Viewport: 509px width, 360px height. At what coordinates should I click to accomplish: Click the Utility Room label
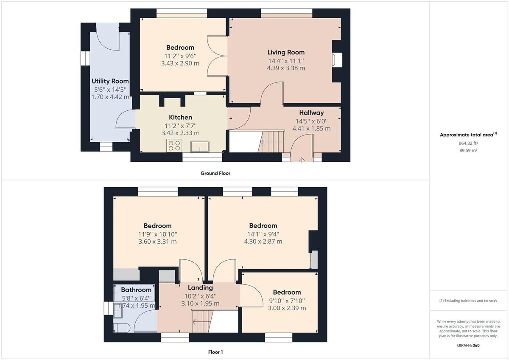tap(110, 81)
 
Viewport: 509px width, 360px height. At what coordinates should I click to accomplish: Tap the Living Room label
tap(286, 52)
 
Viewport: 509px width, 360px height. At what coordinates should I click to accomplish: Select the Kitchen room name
tap(181, 117)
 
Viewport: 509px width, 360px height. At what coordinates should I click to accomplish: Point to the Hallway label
tap(311, 112)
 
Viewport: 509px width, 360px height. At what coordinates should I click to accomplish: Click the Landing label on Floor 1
tap(200, 288)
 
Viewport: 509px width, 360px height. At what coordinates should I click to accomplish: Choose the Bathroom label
tap(136, 290)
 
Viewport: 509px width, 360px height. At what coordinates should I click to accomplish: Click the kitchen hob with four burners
tap(174, 146)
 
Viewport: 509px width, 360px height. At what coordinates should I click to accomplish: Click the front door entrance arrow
tap(302, 160)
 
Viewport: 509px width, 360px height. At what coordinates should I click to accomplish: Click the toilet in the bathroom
tap(121, 327)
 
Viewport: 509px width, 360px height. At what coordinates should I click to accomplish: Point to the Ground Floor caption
tap(215, 173)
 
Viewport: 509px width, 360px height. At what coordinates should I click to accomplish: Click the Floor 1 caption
tap(215, 352)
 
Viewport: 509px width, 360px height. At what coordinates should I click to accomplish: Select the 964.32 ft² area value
tap(468, 143)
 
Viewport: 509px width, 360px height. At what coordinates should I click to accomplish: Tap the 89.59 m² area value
tap(468, 150)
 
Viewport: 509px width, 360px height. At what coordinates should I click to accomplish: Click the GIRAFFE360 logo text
tap(468, 346)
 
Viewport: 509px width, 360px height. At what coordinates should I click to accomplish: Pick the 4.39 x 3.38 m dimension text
tap(286, 68)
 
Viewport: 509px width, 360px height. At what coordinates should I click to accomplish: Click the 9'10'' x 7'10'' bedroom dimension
tap(287, 301)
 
